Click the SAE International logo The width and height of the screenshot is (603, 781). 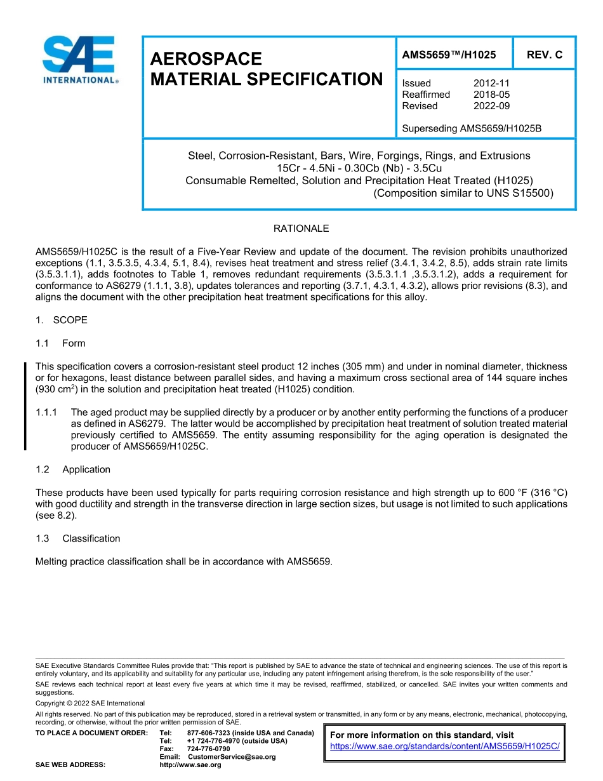coord(79,60)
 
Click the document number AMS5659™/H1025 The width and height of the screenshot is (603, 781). coord(449,55)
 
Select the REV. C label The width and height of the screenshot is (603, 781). coord(544,55)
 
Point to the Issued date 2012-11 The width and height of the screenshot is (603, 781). coord(491,83)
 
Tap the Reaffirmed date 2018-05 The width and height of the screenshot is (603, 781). coord(491,95)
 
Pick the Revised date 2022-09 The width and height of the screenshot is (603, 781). coord(491,106)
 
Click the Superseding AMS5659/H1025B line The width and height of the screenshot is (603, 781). coord(472,129)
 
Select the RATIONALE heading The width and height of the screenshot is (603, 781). coord(301,229)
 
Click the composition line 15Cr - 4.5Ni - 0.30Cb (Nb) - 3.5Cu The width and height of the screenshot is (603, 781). coord(359,168)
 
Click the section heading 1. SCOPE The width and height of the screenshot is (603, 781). coord(62,320)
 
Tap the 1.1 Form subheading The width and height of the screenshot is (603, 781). coord(60,344)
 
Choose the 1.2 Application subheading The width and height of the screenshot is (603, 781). coord(73,470)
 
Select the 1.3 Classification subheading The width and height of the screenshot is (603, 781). coord(78,538)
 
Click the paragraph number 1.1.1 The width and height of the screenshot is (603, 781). coord(47,413)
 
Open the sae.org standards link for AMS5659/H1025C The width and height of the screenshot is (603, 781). coord(445,746)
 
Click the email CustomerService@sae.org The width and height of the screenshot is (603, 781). coord(232,757)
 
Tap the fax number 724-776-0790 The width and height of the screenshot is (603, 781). coord(208,749)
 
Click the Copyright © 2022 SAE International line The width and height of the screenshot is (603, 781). coord(90,703)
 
